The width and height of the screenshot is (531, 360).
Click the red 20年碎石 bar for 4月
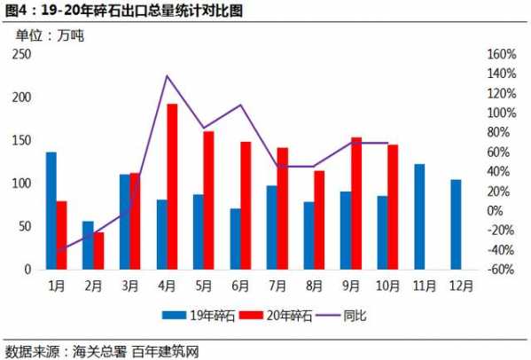coord(172,186)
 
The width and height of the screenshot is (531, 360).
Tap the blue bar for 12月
coord(456,223)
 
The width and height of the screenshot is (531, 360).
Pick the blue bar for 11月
coord(418,216)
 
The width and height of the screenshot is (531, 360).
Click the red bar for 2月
coord(98,250)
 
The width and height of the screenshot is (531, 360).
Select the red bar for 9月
coord(355,203)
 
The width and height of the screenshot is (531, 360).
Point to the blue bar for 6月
coord(235,239)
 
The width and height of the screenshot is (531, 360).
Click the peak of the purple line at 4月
coord(167,76)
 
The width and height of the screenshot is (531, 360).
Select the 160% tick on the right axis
coord(503,54)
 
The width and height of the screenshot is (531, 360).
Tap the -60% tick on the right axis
coord(503,269)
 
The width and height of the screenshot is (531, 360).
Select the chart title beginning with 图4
coord(123,11)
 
